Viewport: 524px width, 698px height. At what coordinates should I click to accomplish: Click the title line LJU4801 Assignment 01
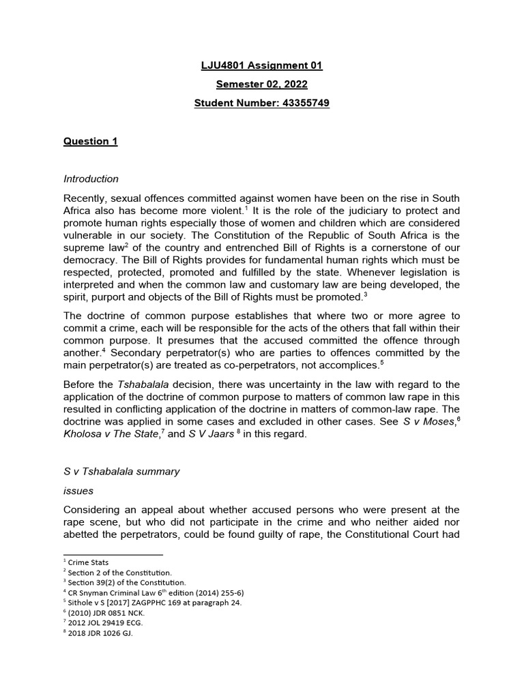pos(262,65)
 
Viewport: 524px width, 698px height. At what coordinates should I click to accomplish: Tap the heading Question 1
pos(90,141)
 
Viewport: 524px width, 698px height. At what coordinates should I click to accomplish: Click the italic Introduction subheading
pos(91,179)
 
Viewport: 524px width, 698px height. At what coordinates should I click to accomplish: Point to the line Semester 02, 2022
pos(262,85)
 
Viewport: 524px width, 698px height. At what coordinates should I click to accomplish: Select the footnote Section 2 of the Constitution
pos(117,573)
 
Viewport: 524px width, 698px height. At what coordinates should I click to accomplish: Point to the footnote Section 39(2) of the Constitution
pos(124,583)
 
